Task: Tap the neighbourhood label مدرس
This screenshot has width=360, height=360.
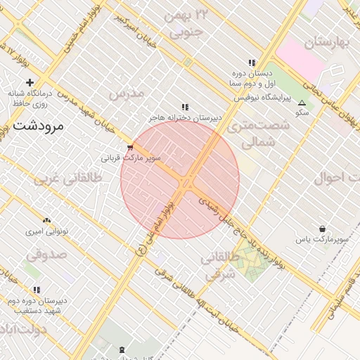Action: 127,93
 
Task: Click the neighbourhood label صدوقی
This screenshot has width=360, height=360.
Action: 48,252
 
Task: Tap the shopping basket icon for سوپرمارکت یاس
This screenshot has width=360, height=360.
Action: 322,229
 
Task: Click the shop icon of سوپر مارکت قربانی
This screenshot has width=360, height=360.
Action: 130,148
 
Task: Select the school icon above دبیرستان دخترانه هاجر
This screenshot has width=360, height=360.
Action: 185,107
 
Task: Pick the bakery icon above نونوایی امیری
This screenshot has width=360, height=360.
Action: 46,221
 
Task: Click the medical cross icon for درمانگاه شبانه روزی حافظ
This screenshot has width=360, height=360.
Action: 30,83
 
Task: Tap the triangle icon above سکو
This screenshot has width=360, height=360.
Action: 302,103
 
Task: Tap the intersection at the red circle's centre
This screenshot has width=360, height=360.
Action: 185,182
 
